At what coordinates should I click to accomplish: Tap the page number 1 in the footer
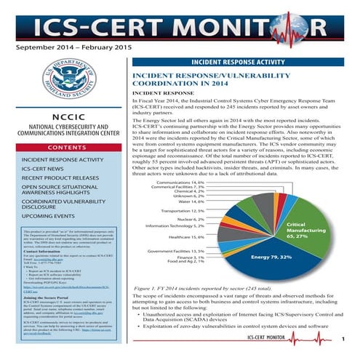tap(341, 338)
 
